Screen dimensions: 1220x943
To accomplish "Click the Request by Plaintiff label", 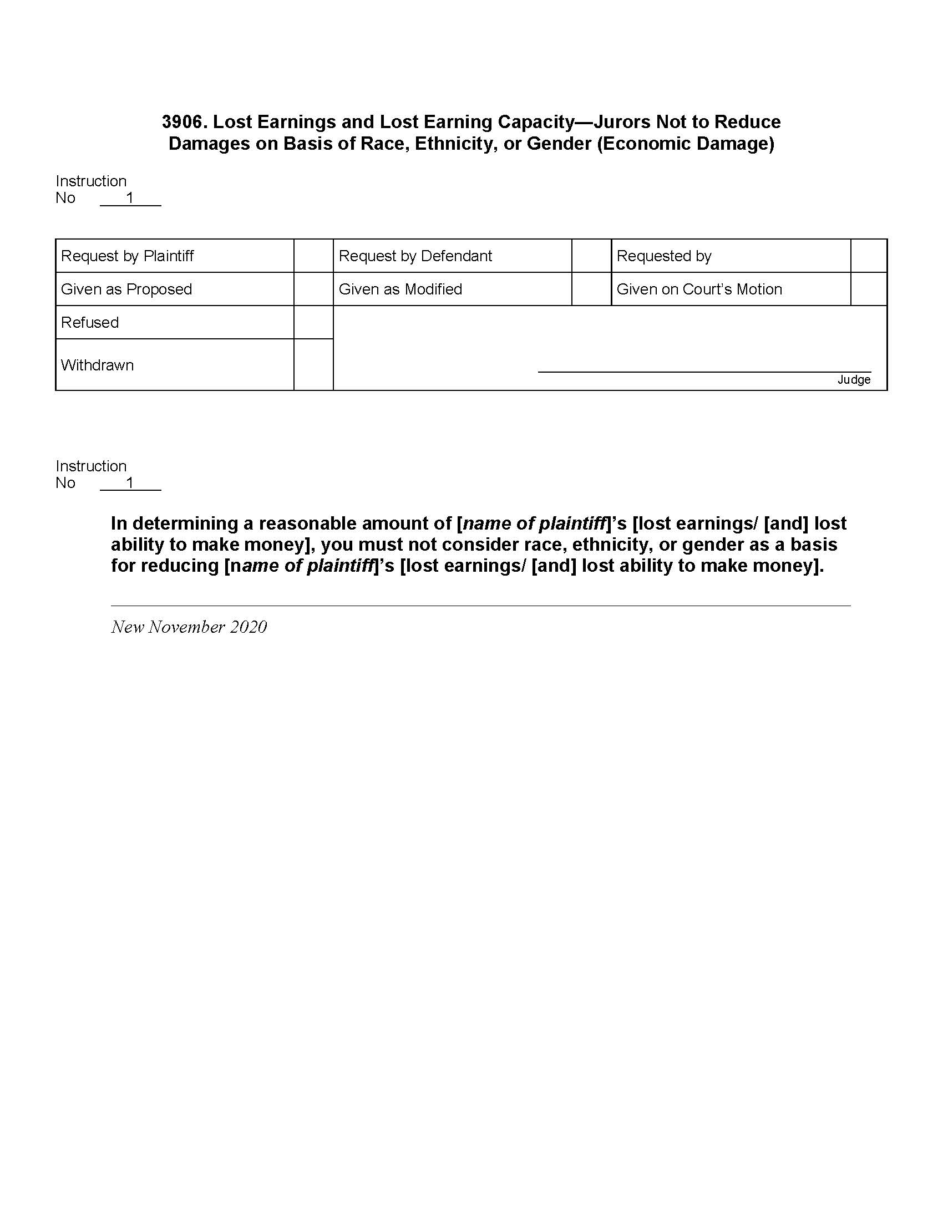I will [127, 256].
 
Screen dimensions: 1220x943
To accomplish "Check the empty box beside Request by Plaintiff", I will [313, 256].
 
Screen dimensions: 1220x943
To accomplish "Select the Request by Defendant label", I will [415, 256].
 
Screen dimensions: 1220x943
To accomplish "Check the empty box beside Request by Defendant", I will [591, 256].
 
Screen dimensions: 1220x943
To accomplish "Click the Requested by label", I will [663, 256].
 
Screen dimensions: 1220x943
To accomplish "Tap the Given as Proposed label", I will [126, 289].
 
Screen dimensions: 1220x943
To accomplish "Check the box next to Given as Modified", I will [591, 289].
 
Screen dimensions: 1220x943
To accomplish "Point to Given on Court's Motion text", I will [699, 289].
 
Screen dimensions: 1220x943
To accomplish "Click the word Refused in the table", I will [90, 322].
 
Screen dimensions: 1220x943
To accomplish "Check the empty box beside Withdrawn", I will [313, 364].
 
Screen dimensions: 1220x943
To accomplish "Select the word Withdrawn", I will [97, 365].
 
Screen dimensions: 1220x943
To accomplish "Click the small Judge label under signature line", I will [854, 380].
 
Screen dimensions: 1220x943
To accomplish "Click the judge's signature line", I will [704, 371].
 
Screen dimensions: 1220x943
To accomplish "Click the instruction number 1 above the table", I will [130, 198].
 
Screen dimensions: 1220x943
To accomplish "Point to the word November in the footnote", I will [186, 627].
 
